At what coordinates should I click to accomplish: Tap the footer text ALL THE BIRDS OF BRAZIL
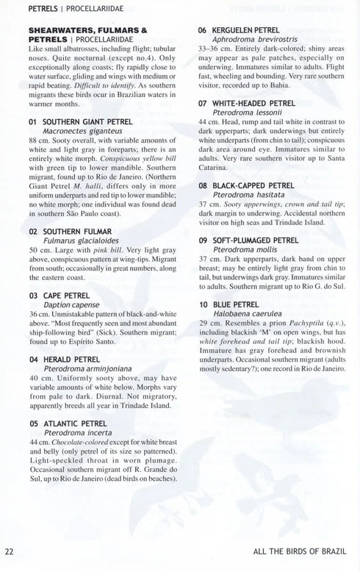[x=299, y=551]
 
